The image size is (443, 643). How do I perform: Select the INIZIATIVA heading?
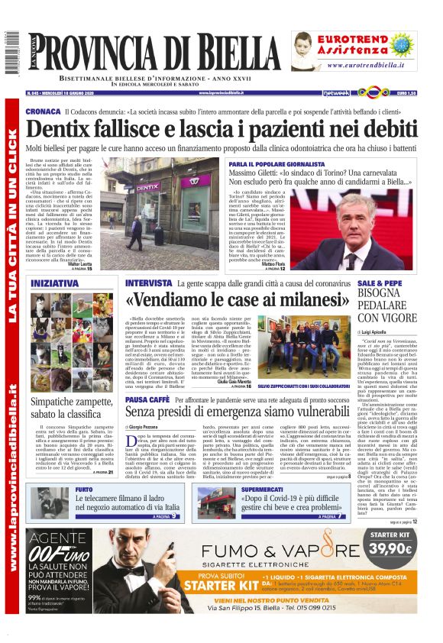tap(55, 283)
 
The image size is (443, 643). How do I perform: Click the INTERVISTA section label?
tap(150, 283)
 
